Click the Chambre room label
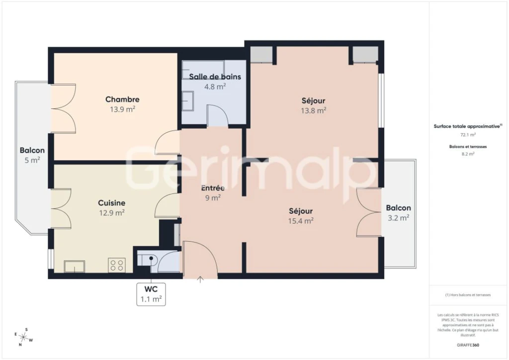pyautogui.click(x=122, y=99)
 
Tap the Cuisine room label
pyautogui.click(x=112, y=203)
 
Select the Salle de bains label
pyautogui.click(x=215, y=77)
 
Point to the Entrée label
pyautogui.click(x=213, y=187)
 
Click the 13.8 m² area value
pyautogui.click(x=314, y=110)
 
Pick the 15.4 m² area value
pyautogui.click(x=301, y=221)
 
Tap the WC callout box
pyautogui.click(x=151, y=294)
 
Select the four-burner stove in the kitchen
pyautogui.click(x=117, y=265)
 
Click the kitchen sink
pyautogui.click(x=75, y=267)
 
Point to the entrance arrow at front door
pyautogui.click(x=200, y=279)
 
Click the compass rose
pyautogui.click(x=23, y=337)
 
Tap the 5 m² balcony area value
pyautogui.click(x=32, y=160)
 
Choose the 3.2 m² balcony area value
pyautogui.click(x=399, y=217)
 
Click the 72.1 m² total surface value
pyautogui.click(x=468, y=134)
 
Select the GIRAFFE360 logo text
pyautogui.click(x=468, y=345)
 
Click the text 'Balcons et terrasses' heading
pyautogui.click(x=468, y=147)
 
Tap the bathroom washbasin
pyautogui.click(x=187, y=101)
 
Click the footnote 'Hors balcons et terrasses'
pyautogui.click(x=468, y=295)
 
